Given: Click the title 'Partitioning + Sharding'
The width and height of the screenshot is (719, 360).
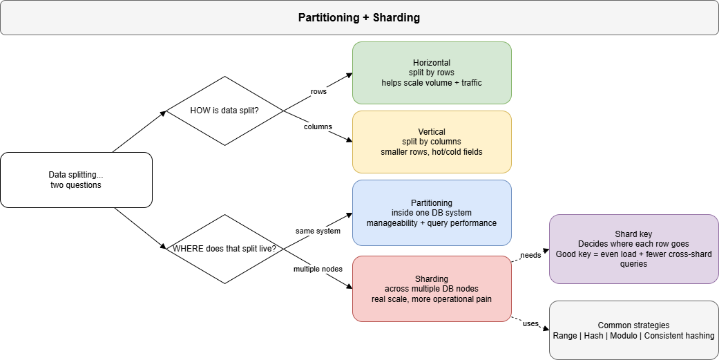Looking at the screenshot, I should tap(358, 18).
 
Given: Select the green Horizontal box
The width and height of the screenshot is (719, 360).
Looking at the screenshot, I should tap(432, 73).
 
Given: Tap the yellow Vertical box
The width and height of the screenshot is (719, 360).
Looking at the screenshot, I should tap(432, 142).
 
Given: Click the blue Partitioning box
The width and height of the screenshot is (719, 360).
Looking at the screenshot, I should tap(432, 213).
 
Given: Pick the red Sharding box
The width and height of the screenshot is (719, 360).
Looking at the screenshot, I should tap(432, 288).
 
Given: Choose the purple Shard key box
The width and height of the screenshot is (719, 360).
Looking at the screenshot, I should tap(633, 249).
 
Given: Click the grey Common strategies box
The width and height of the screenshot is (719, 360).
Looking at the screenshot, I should tap(633, 330).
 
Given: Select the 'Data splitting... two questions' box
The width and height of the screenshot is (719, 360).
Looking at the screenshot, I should tap(76, 180).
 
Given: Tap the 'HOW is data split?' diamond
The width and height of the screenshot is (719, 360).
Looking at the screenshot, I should tap(224, 111).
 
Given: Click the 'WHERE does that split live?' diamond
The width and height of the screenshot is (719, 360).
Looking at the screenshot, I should tap(224, 249).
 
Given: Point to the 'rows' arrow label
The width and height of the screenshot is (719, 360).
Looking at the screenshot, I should tap(318, 91).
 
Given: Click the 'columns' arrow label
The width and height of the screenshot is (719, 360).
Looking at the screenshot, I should tap(318, 126).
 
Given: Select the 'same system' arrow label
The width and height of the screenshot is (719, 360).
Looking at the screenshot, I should tap(318, 231).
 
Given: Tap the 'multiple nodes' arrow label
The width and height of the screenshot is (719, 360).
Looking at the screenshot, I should tap(318, 267).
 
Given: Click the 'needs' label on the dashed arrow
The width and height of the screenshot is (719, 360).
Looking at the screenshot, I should tap(530, 256).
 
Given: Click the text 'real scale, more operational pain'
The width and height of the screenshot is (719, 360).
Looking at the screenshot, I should tap(432, 299).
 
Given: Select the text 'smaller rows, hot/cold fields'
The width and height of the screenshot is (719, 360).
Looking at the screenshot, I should tap(432, 152).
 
